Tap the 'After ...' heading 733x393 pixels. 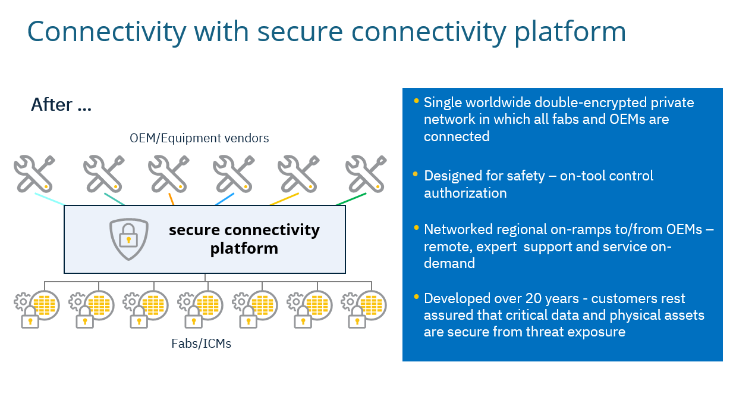[61, 105]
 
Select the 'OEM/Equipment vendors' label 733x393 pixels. [199, 138]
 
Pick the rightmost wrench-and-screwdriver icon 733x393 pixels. [366, 173]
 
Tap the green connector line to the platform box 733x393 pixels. [351, 199]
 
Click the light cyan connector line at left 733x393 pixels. [50, 199]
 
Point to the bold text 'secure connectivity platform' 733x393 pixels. [244, 238]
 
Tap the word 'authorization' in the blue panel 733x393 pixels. [465, 193]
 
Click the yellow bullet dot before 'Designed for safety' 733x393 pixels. [416, 174]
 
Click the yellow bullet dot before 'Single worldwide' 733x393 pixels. [416, 101]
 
